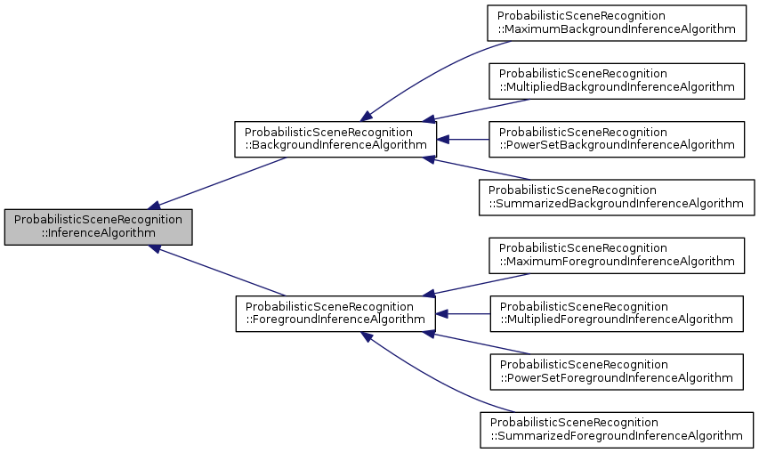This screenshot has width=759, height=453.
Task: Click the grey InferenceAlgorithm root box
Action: point(98,226)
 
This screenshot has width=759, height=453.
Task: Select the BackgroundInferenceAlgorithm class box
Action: point(335,140)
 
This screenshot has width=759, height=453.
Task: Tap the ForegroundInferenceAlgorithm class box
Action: point(335,314)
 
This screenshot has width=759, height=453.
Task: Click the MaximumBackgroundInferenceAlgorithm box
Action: point(616,22)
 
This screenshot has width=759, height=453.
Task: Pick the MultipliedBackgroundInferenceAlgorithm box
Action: point(616,80)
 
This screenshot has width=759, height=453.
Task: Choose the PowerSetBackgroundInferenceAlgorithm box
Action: point(616,139)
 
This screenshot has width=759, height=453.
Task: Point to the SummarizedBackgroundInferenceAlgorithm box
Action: point(616,197)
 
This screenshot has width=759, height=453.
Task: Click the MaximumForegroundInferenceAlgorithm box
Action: point(616,255)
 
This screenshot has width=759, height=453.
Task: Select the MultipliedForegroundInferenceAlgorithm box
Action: point(616,313)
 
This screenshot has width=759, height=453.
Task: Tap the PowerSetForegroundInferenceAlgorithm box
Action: point(616,371)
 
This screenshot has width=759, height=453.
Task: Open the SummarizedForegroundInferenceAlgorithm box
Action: point(616,429)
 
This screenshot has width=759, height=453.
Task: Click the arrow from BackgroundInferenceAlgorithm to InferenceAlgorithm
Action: point(222,182)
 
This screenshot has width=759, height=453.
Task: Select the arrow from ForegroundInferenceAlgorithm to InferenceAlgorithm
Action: point(222,271)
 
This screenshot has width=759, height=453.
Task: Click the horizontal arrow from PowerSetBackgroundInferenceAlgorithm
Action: point(463,140)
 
